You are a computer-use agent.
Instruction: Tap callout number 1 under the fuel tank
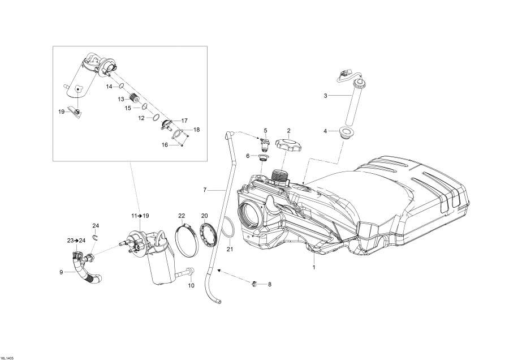pyautogui.click(x=313, y=267)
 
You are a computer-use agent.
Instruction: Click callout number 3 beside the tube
pyautogui.click(x=325, y=96)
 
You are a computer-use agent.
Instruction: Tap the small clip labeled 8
pyautogui.click(x=254, y=283)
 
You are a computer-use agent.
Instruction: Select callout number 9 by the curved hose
pyautogui.click(x=61, y=272)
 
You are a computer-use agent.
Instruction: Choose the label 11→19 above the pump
pyautogui.click(x=140, y=216)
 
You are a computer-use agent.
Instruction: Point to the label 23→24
pyautogui.click(x=76, y=240)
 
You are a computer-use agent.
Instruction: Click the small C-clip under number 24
pyautogui.click(x=96, y=237)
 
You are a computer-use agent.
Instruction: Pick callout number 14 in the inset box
pyautogui.click(x=109, y=87)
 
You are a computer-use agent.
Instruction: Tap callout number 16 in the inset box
pyautogui.click(x=165, y=145)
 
